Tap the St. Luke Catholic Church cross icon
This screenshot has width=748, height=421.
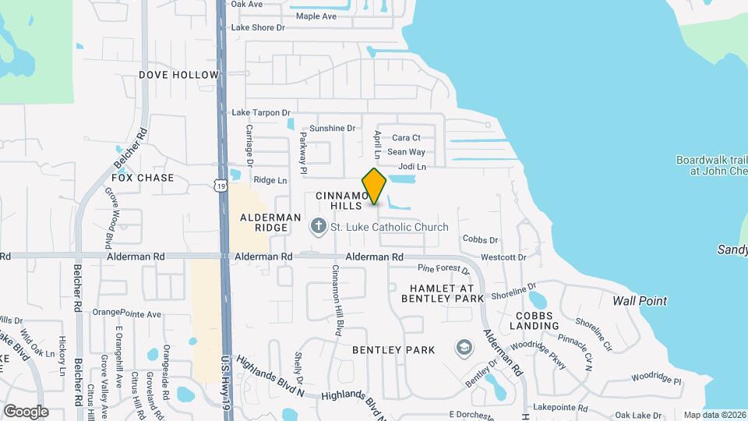[317, 227]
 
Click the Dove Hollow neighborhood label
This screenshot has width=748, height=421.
[179, 75]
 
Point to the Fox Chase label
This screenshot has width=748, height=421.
[143, 178]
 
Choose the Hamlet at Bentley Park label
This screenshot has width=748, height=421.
[442, 293]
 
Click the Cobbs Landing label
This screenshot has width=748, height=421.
[534, 320]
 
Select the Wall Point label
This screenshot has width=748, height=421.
[639, 301]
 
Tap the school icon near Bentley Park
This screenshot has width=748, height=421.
[464, 346]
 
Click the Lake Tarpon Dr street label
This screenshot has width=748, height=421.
[260, 113]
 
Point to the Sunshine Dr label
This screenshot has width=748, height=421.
[332, 128]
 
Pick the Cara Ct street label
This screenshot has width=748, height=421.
[406, 138]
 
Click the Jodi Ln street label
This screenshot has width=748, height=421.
[412, 167]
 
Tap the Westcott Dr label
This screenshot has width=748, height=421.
[503, 257]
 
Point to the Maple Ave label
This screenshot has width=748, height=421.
[316, 16]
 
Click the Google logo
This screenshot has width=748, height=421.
[26, 412]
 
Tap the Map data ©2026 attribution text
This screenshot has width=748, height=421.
[714, 415]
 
